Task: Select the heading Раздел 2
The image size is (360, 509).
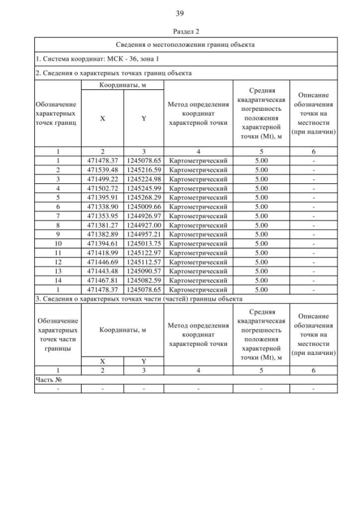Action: pyautogui.click(x=180, y=32)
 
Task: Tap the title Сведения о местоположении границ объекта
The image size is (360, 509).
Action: pyautogui.click(x=186, y=44)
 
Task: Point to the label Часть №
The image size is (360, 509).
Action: pyautogui.click(x=48, y=380)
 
